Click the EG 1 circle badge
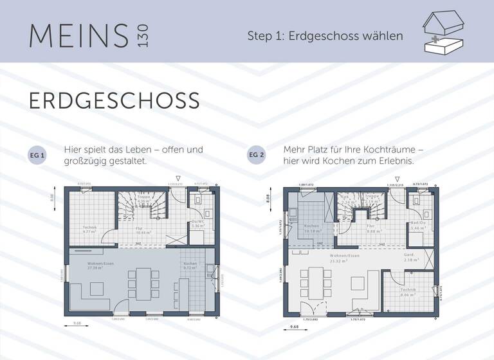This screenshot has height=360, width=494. [x=37, y=156]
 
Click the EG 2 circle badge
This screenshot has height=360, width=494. [x=256, y=156]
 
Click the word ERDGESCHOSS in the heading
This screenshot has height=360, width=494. [x=114, y=101]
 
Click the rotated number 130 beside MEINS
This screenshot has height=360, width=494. [x=142, y=35]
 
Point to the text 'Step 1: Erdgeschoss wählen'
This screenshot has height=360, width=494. [x=325, y=36]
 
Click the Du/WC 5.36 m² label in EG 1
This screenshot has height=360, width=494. [x=198, y=224]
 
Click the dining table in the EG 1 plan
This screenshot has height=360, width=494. [x=143, y=283]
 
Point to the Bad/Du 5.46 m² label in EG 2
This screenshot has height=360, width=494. [x=419, y=226]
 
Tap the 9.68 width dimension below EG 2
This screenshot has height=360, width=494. [x=295, y=327]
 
